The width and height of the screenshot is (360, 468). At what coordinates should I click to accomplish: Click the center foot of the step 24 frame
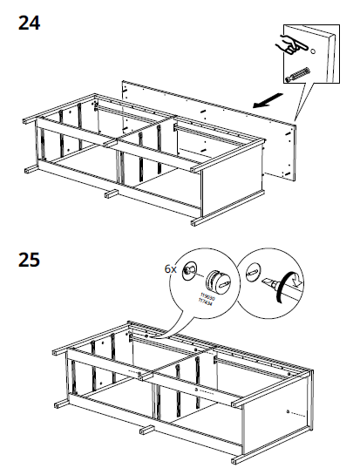(111, 193)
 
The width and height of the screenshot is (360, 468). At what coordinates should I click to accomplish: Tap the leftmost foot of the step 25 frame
(58, 405)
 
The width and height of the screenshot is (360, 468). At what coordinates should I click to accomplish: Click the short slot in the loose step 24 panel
(195, 113)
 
